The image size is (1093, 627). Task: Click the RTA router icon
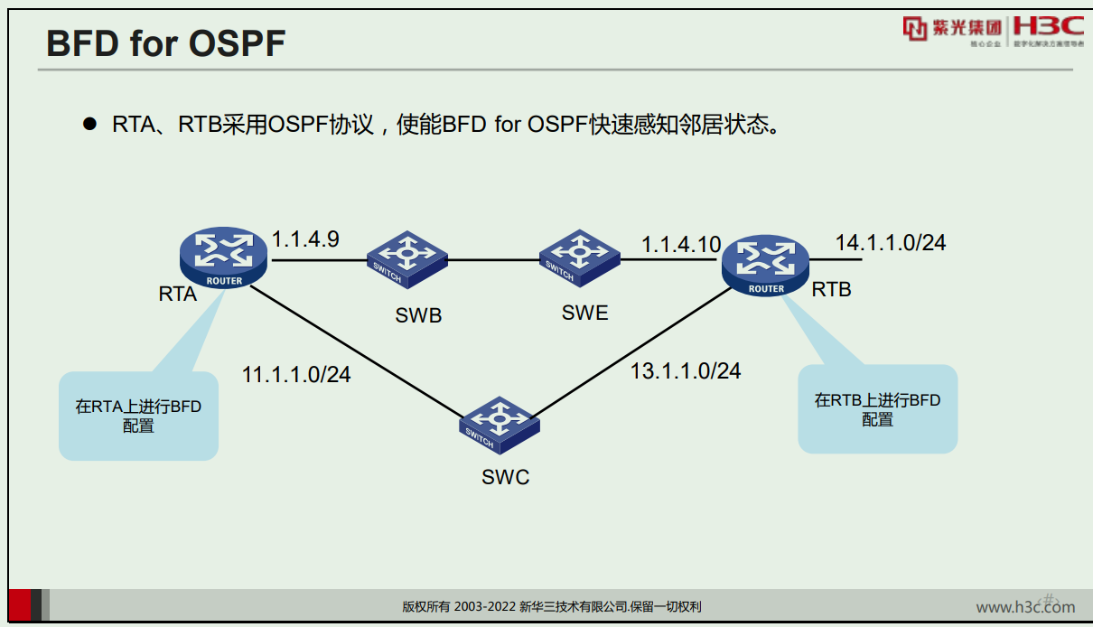click(223, 257)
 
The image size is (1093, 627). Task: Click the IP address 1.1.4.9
click(305, 239)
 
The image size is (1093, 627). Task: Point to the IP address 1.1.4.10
click(681, 245)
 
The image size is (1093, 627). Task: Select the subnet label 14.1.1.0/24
click(890, 242)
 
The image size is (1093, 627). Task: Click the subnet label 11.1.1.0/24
click(296, 374)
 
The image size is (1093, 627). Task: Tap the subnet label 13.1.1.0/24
click(686, 370)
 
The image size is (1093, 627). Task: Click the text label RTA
click(177, 294)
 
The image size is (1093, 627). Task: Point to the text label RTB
click(831, 289)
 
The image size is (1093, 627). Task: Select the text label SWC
click(505, 477)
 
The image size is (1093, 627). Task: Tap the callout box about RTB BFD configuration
click(877, 409)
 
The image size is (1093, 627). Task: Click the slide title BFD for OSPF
click(165, 43)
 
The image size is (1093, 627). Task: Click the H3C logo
click(1048, 27)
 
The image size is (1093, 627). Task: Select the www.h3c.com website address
click(1024, 607)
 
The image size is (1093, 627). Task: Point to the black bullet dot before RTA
click(89, 124)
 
